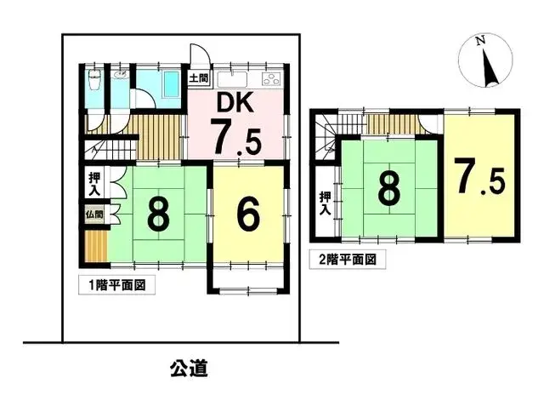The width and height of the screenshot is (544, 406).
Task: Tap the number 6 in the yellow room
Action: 246,215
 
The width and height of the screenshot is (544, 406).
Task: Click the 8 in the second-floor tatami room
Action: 388,190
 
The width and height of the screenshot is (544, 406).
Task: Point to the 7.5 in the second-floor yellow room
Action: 479,177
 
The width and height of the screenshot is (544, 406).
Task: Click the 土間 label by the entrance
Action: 199,79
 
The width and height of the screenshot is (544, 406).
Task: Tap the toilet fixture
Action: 94,83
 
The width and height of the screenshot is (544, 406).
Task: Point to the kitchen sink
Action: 231,80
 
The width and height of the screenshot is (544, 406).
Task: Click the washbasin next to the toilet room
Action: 122,77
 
